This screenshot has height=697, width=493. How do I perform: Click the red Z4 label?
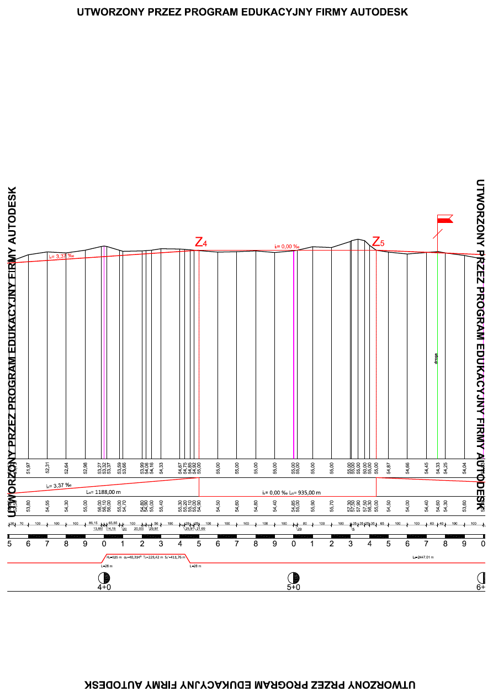[201, 242]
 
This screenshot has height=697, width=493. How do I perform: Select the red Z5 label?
[378, 242]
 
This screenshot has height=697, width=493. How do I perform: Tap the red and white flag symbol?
[444, 219]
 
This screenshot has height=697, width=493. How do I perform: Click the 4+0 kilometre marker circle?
[104, 578]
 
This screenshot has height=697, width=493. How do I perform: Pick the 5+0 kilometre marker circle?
[294, 578]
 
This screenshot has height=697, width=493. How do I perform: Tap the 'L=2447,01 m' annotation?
[423, 558]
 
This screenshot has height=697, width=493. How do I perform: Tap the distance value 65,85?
[113, 523]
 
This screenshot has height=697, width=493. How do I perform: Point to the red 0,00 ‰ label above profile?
[287, 247]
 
